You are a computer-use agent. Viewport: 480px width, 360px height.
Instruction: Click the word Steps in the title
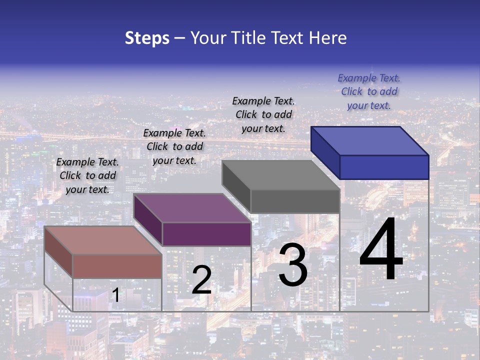click(x=147, y=38)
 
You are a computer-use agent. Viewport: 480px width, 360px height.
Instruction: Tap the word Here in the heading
click(x=328, y=38)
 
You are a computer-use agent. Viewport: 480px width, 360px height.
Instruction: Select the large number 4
click(x=381, y=250)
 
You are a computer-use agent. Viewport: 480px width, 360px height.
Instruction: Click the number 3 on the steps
click(x=293, y=265)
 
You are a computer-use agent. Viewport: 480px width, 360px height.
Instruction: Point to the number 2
click(x=201, y=280)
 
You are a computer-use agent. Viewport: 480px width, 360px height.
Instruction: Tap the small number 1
click(x=115, y=295)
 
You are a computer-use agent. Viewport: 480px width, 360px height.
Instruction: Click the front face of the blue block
click(x=384, y=167)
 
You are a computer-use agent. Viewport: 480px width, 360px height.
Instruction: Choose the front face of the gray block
click(x=295, y=201)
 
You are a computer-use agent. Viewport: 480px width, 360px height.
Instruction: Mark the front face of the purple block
click(x=206, y=234)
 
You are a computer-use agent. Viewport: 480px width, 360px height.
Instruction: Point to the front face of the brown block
click(x=117, y=266)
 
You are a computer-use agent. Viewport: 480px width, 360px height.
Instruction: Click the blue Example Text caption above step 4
click(x=369, y=91)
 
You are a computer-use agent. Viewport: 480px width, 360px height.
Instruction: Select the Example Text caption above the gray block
click(x=263, y=114)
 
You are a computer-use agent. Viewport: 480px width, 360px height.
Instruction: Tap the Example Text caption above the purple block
click(x=174, y=146)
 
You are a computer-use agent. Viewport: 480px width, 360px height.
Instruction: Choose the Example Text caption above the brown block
click(x=87, y=175)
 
